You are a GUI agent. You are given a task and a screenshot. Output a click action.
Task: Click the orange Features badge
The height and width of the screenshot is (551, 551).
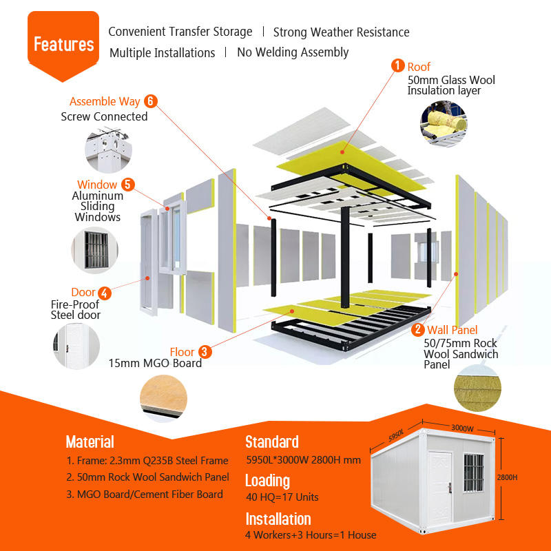click(63, 45)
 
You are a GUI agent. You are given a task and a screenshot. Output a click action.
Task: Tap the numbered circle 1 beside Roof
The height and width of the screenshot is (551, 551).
click(398, 65)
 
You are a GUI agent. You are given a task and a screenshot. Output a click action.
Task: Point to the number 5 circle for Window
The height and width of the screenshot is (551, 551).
click(127, 184)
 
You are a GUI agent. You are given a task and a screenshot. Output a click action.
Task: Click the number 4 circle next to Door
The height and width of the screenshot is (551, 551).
click(104, 292)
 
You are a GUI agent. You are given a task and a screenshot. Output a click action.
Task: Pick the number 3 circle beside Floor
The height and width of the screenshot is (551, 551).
click(205, 351)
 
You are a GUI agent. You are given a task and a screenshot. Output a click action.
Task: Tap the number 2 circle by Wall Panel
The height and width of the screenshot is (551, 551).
click(418, 330)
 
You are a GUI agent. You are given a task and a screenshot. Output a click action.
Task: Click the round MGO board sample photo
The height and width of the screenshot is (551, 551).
click(163, 399)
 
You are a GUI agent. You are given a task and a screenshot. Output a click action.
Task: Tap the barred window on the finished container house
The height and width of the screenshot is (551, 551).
click(473, 473)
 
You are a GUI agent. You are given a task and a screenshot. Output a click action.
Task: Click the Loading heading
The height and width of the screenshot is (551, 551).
click(267, 480)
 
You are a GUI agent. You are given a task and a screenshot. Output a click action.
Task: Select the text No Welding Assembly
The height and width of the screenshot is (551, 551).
click(293, 52)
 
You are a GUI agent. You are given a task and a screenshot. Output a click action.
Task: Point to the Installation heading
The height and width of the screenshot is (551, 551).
click(278, 519)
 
